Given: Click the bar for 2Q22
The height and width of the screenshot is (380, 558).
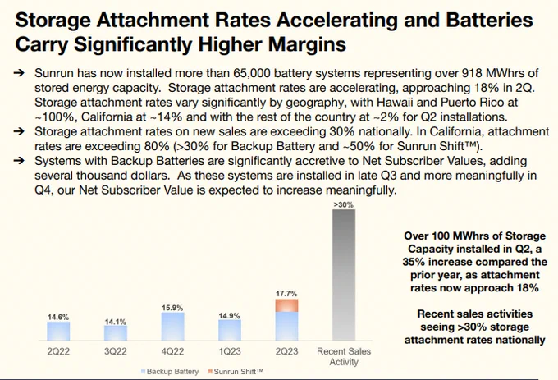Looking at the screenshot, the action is pos(58,332).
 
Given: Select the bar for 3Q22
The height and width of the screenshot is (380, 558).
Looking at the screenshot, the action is pos(116,333).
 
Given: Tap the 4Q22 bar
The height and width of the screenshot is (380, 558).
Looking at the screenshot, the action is pos(172,327).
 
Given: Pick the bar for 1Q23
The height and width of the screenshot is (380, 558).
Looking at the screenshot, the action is pos(230,331).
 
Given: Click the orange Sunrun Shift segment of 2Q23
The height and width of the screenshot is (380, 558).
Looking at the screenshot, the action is pos(286,305).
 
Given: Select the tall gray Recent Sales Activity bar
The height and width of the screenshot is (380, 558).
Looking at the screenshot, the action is pos(344,275).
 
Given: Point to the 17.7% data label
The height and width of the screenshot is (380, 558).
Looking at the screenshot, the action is pos(286,294).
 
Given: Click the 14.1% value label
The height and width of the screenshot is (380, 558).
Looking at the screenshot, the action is pos(116,322).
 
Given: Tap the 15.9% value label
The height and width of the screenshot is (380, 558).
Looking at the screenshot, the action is pos(172,308).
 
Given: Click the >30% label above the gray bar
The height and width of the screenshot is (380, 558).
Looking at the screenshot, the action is pos(343,204).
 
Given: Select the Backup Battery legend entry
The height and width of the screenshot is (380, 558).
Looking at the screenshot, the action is pos(170,372).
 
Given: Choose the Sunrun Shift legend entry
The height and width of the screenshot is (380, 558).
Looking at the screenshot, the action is pos(236,372).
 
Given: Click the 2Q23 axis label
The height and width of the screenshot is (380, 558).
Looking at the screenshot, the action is pos(286,351).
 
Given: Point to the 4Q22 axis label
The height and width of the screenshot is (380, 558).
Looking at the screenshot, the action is pos(172,351).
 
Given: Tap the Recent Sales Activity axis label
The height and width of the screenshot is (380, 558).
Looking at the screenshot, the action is pos(344,356).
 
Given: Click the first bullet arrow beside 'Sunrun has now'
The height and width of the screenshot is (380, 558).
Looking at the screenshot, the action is pos(19,73).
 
